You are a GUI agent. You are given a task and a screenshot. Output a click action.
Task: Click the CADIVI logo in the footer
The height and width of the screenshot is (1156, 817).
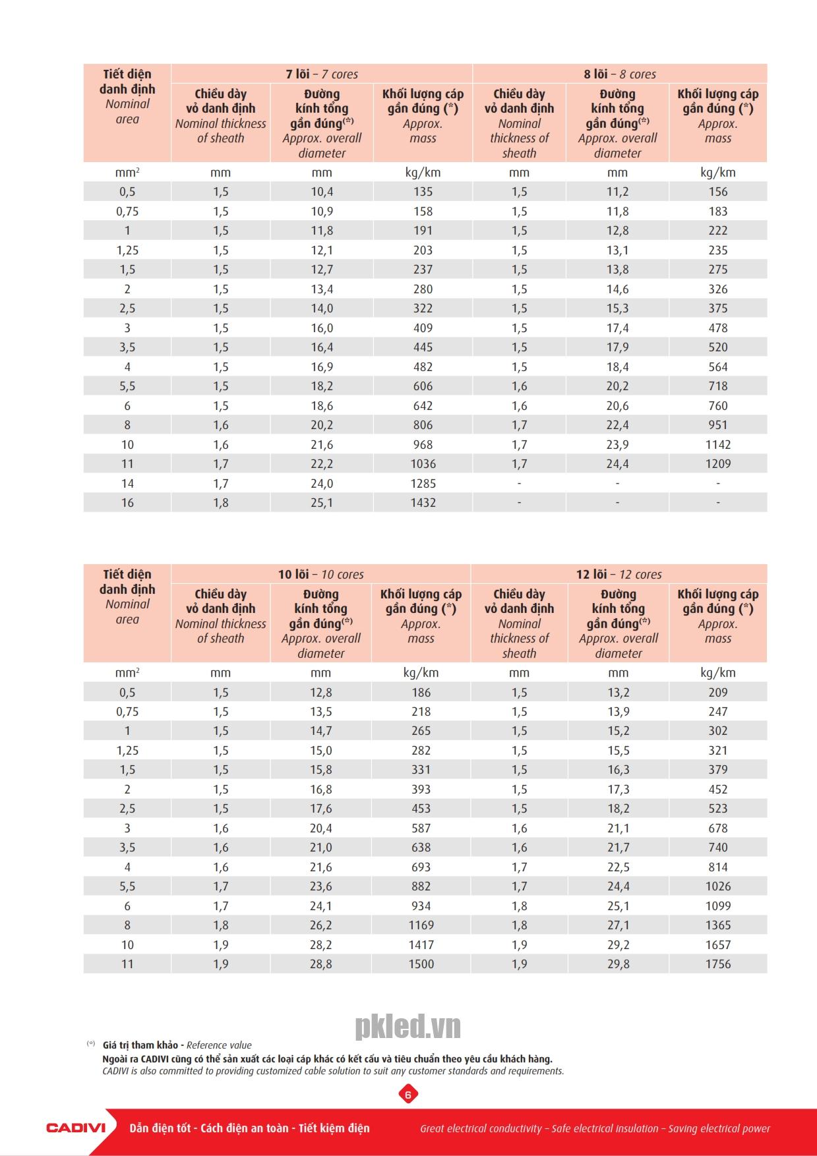tap(76, 1128)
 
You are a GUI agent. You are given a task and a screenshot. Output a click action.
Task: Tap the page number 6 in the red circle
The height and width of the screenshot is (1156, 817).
tap(408, 1095)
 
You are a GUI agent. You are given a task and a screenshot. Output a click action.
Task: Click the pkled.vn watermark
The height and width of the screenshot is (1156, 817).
tap(408, 1026)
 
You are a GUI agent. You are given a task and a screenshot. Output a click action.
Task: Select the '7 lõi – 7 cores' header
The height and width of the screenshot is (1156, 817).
tap(322, 74)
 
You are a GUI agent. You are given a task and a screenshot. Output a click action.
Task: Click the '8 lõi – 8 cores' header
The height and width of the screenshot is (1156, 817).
tap(619, 74)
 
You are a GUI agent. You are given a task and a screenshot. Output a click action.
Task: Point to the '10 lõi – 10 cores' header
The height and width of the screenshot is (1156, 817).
tap(320, 574)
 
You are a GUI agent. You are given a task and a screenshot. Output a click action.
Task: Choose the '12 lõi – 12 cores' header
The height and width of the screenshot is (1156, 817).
tap(619, 574)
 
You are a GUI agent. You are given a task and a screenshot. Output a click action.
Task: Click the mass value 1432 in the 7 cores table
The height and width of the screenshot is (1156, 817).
tap(423, 502)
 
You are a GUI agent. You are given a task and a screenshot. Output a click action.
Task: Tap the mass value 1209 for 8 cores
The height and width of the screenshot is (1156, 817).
tap(717, 463)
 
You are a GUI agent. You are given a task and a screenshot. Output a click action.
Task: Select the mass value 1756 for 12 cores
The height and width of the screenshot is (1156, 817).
tap(717, 964)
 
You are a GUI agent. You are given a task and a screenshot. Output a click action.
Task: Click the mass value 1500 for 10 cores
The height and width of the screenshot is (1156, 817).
tap(421, 964)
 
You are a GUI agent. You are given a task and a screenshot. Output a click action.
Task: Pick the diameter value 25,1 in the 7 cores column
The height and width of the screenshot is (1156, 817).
tap(322, 502)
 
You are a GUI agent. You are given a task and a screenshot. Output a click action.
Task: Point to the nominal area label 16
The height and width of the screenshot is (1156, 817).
tap(127, 502)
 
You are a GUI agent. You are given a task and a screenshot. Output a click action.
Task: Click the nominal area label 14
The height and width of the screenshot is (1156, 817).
tap(127, 483)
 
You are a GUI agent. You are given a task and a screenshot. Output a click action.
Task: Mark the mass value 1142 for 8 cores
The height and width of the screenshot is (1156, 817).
tap(717, 444)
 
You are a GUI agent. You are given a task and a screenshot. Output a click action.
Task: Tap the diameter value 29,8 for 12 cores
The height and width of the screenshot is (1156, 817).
tap(618, 964)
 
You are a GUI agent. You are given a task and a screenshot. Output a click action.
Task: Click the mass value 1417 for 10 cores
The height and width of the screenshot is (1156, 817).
tap(421, 944)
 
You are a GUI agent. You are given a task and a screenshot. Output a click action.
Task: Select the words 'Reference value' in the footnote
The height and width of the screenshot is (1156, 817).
tap(219, 1045)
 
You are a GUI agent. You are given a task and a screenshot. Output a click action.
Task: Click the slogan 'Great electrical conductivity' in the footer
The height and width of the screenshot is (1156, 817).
tap(481, 1128)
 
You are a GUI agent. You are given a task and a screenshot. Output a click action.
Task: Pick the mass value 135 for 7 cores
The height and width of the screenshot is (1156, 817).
tap(423, 192)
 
